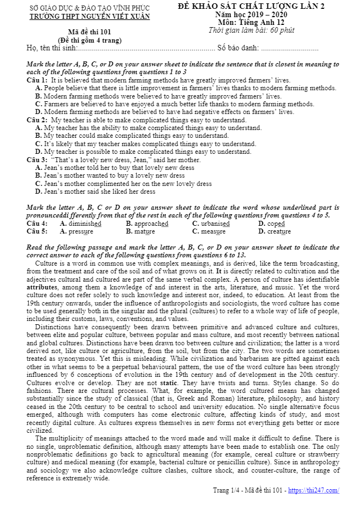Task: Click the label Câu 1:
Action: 37,80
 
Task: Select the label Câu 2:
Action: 37,120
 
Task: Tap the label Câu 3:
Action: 37,160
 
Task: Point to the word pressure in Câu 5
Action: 81,231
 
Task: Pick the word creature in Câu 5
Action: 279,231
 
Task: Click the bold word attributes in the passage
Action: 42,288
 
